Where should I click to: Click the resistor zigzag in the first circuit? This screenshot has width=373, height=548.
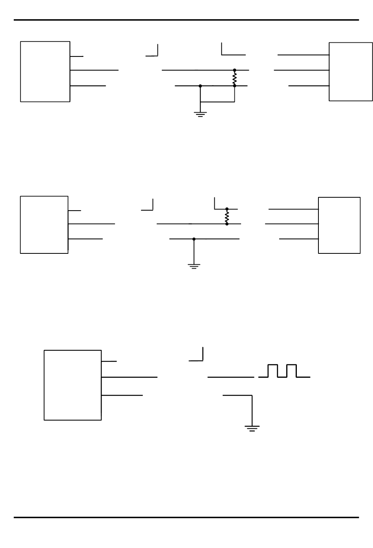click(x=234, y=78)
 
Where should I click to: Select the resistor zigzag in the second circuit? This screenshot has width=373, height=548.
click(x=227, y=217)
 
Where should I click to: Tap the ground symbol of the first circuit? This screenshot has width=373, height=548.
click(x=200, y=115)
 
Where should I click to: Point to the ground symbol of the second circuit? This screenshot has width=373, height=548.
click(x=194, y=266)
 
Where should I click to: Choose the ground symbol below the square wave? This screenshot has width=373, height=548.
click(x=252, y=428)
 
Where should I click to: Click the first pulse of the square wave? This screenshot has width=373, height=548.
click(x=272, y=371)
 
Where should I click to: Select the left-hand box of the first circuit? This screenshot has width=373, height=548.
click(x=45, y=71)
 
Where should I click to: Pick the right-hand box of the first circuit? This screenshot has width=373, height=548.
click(x=350, y=71)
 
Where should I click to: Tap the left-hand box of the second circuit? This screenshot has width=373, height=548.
click(x=44, y=225)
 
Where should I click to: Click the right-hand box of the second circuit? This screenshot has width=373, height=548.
click(x=339, y=225)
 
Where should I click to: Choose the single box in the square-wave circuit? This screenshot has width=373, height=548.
click(x=73, y=385)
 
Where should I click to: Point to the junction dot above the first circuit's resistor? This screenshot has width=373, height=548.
click(x=234, y=70)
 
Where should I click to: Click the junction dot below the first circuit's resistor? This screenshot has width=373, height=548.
click(x=234, y=86)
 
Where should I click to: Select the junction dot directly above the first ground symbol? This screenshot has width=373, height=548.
click(x=200, y=86)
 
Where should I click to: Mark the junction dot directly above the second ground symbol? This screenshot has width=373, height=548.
click(x=194, y=239)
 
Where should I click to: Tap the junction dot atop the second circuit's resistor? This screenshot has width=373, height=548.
click(x=227, y=209)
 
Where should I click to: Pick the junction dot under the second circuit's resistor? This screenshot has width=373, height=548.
click(x=227, y=224)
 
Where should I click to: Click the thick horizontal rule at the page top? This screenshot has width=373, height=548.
click(x=186, y=20)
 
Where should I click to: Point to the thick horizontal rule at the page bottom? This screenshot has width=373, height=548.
click(x=186, y=517)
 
